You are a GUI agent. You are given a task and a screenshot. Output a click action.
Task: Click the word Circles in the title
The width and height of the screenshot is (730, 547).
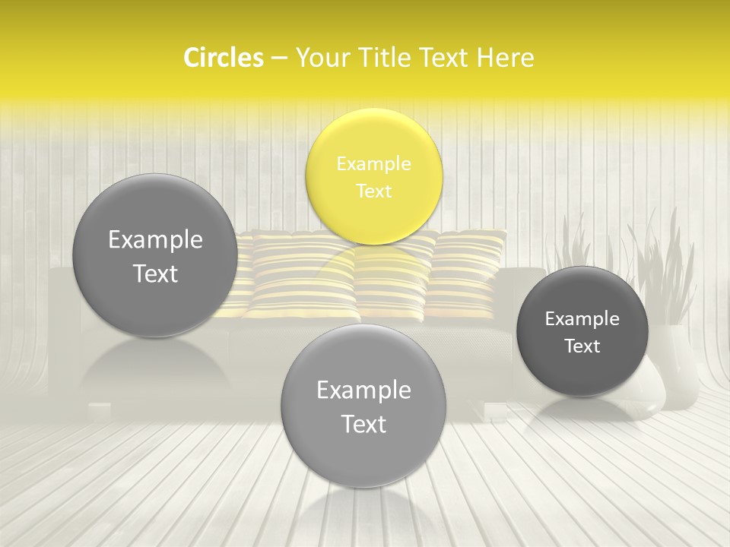(223, 58)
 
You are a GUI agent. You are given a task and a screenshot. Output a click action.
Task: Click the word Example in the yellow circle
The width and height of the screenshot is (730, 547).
(373, 163)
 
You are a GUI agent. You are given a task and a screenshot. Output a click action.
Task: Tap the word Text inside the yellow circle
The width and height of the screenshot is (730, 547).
(373, 191)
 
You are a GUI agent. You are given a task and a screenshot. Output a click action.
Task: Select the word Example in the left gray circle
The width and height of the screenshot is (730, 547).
(155, 240)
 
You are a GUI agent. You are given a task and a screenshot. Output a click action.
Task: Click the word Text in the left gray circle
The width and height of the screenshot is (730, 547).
(155, 273)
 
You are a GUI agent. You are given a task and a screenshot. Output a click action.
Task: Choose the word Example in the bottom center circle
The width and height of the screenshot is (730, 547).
(363, 390)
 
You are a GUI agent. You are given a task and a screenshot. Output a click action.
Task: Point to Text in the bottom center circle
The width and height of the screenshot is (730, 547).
(363, 424)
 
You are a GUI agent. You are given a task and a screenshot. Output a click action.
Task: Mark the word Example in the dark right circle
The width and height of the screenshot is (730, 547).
(582, 319)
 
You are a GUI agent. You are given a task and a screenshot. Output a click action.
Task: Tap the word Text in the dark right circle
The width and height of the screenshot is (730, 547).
(582, 346)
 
